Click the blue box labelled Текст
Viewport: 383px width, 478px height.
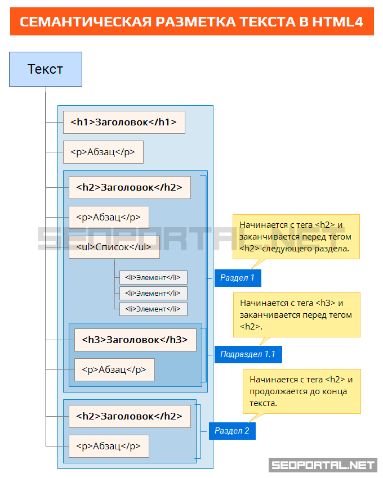(x=46, y=69)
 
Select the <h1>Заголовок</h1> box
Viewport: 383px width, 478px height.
(x=124, y=122)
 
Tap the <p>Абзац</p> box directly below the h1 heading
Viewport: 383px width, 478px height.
(x=103, y=152)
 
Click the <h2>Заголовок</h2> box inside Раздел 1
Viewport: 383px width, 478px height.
(x=130, y=187)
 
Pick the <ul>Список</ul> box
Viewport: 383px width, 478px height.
(x=114, y=247)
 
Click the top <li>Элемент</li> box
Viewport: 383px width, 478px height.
(x=153, y=277)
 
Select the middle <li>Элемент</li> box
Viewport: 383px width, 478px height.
(x=153, y=293)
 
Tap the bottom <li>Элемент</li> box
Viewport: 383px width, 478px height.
(x=153, y=309)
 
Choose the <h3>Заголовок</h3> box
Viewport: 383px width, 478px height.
(x=135, y=340)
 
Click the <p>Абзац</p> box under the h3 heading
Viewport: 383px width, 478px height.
(x=114, y=369)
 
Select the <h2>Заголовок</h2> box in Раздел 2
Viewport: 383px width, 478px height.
(x=130, y=416)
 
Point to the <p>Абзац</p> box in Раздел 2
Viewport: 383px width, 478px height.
(x=109, y=446)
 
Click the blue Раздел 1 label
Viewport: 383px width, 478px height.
(x=237, y=278)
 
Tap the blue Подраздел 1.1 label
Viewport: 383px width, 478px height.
(x=248, y=354)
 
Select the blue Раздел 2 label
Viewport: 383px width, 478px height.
(x=232, y=431)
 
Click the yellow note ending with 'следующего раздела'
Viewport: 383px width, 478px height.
(x=296, y=236)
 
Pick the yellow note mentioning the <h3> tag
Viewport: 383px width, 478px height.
(x=296, y=315)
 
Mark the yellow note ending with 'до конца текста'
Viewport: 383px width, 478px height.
(x=301, y=391)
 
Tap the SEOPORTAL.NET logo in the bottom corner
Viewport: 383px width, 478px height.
(x=323, y=465)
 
